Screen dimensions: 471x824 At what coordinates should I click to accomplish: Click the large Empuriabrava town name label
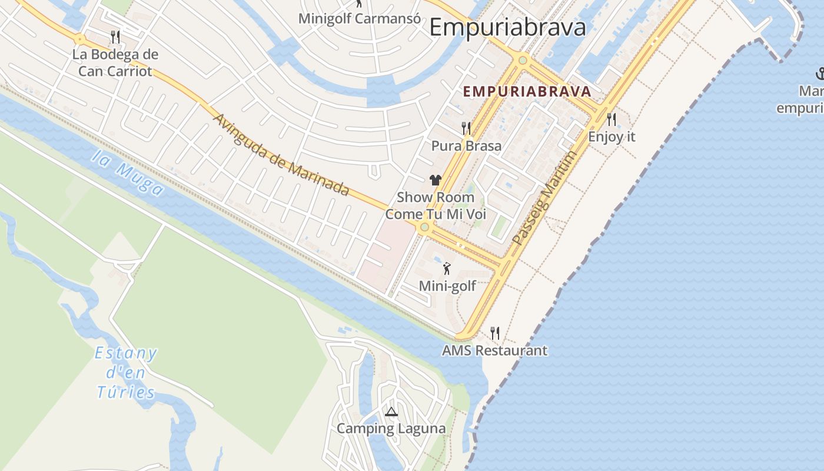click(x=507, y=28)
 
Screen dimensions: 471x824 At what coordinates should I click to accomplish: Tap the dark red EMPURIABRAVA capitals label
click(x=527, y=91)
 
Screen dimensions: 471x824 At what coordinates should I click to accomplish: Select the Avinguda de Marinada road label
click(x=281, y=155)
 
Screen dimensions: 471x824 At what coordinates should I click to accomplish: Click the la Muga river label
click(x=128, y=173)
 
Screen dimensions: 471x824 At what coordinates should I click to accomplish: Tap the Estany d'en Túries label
click(x=125, y=373)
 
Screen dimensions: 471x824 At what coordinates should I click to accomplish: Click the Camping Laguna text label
click(x=391, y=428)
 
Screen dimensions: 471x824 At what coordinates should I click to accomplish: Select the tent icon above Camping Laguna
click(x=391, y=412)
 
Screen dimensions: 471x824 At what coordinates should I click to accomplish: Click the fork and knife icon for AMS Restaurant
click(x=495, y=333)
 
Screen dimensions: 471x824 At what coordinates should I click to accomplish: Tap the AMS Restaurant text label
click(x=494, y=350)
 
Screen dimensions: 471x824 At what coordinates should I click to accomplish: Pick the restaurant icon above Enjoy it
click(x=612, y=120)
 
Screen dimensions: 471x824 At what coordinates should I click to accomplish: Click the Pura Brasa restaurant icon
click(x=466, y=128)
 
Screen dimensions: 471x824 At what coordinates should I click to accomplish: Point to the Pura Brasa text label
click(x=466, y=145)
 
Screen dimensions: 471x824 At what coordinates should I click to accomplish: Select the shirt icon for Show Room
click(x=436, y=180)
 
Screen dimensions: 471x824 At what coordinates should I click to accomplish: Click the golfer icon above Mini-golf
click(x=447, y=268)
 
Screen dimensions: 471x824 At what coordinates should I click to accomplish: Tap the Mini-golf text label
click(x=447, y=286)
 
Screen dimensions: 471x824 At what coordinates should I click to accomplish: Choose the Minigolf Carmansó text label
click(x=359, y=18)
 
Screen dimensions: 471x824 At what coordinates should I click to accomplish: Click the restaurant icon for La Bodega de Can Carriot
click(x=115, y=37)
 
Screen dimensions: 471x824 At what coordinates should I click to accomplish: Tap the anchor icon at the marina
click(x=819, y=74)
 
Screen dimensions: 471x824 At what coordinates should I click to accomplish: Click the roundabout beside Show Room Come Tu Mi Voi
click(x=424, y=227)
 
